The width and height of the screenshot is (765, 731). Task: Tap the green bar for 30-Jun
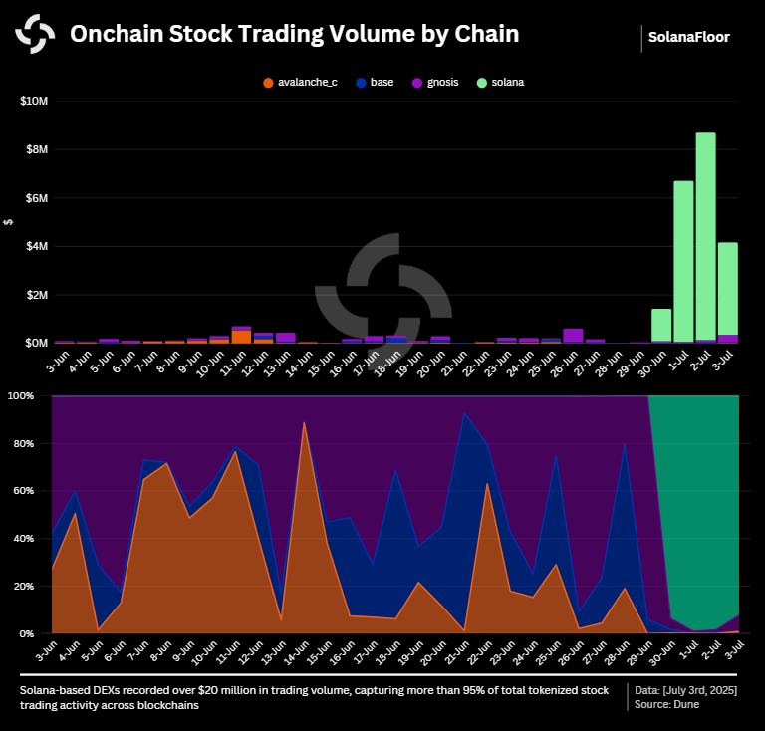click(661, 325)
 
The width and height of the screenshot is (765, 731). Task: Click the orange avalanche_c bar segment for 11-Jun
click(241, 337)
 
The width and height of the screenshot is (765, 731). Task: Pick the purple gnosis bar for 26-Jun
click(573, 336)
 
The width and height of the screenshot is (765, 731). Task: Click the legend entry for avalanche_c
click(300, 82)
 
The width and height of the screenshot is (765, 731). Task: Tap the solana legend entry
click(500, 82)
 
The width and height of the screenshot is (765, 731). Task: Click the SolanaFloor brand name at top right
click(688, 37)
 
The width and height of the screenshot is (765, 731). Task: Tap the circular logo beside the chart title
click(35, 35)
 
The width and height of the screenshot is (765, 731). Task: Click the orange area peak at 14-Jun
click(304, 426)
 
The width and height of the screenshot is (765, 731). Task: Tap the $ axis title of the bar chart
click(9, 222)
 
